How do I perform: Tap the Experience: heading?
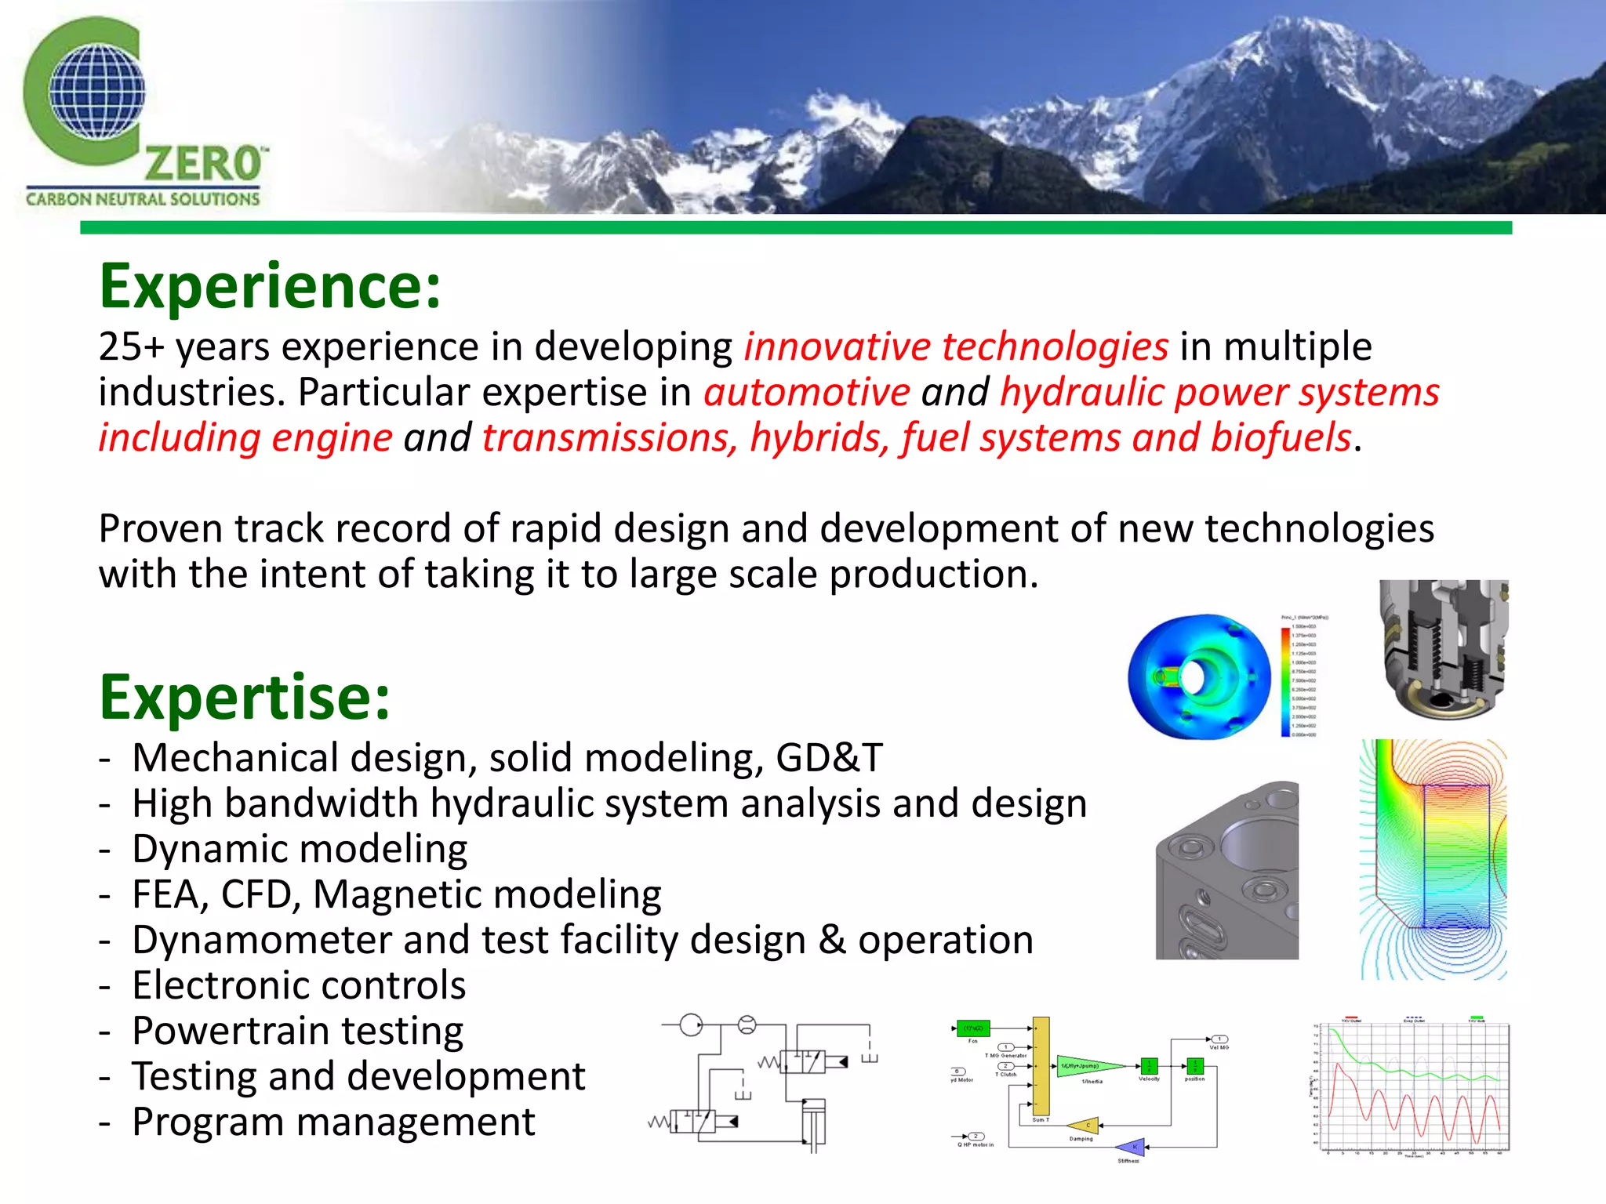(x=270, y=287)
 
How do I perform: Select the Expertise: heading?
(x=244, y=697)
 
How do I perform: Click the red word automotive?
(x=806, y=392)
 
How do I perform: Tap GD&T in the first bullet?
(x=829, y=758)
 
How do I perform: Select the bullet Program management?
(x=333, y=1122)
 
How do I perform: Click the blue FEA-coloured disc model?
(x=1198, y=676)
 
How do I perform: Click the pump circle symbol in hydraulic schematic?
(x=691, y=1024)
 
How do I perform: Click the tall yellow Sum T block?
(x=1041, y=1066)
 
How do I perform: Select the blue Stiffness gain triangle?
(x=1132, y=1147)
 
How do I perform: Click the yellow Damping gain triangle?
(x=1085, y=1126)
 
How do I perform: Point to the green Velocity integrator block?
(x=1149, y=1066)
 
